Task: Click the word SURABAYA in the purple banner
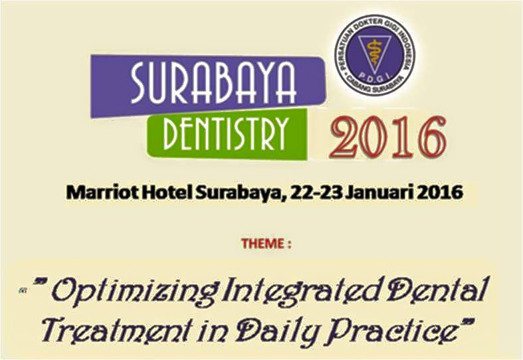click(213, 83)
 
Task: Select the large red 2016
click(388, 137)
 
